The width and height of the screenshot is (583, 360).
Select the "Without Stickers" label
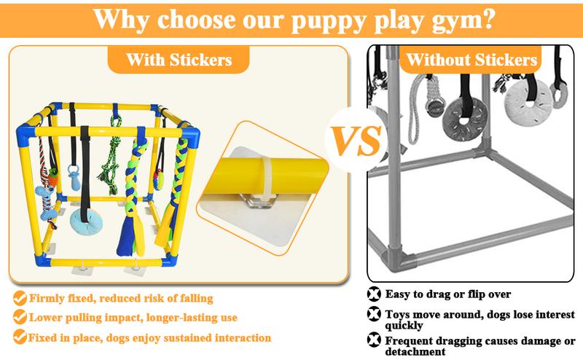pos(467,60)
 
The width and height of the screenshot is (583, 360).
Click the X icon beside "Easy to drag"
pos(375,295)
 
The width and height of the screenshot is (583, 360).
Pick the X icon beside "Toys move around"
pos(375,315)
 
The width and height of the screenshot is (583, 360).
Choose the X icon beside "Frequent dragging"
pos(375,340)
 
